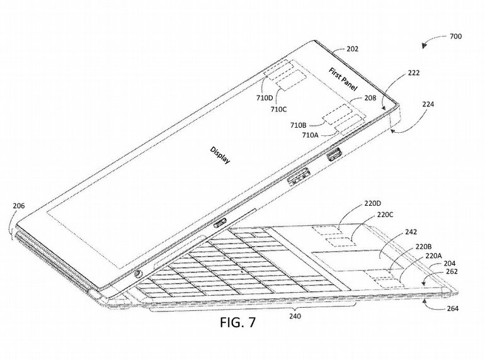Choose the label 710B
pos(299,125)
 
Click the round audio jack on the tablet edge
pos(137,274)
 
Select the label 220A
pos(433,256)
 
